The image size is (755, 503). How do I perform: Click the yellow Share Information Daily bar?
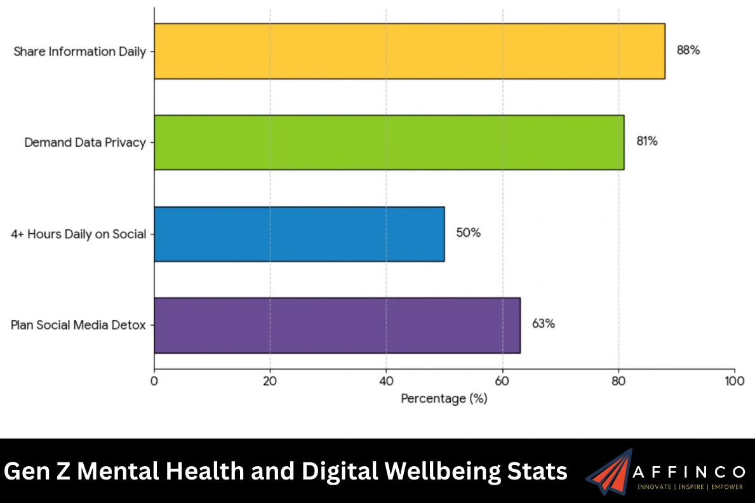point(409,51)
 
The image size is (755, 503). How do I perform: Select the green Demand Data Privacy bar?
point(389,142)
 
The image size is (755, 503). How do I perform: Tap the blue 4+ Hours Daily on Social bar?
point(299,234)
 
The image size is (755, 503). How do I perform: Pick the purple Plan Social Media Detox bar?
point(337,325)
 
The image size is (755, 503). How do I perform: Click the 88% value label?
point(688,51)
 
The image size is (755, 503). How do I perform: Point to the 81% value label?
point(647,142)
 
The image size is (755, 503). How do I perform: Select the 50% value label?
point(468,233)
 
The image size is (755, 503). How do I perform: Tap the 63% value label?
point(543,324)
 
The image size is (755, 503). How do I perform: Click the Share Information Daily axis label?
point(79,51)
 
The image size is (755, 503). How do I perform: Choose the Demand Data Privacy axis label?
point(85,143)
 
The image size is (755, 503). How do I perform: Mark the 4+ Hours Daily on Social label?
point(78,234)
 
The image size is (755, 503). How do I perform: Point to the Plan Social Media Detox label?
point(78,325)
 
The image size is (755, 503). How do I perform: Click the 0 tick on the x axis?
point(154,381)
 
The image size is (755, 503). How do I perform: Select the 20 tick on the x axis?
point(271,381)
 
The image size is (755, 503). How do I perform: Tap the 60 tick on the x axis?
point(502,381)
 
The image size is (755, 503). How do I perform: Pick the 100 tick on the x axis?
point(734,381)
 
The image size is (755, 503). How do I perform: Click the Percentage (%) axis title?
point(444,399)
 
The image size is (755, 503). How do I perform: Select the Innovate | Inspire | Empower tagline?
point(690,487)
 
